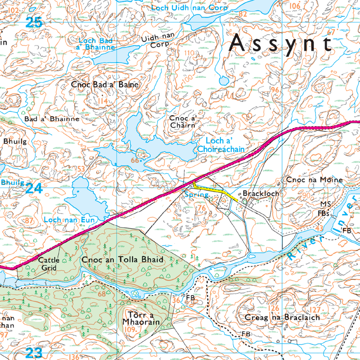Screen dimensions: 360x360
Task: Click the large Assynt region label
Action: click(281, 44)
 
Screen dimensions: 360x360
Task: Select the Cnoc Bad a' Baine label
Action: click(105, 84)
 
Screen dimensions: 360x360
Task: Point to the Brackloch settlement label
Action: click(261, 194)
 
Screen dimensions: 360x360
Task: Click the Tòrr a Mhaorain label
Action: click(141, 319)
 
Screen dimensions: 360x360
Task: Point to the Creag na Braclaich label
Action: click(282, 317)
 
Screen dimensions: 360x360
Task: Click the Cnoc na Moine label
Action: click(315, 180)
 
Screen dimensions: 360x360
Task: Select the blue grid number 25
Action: click(34, 22)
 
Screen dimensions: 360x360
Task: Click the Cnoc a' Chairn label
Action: click(182, 121)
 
